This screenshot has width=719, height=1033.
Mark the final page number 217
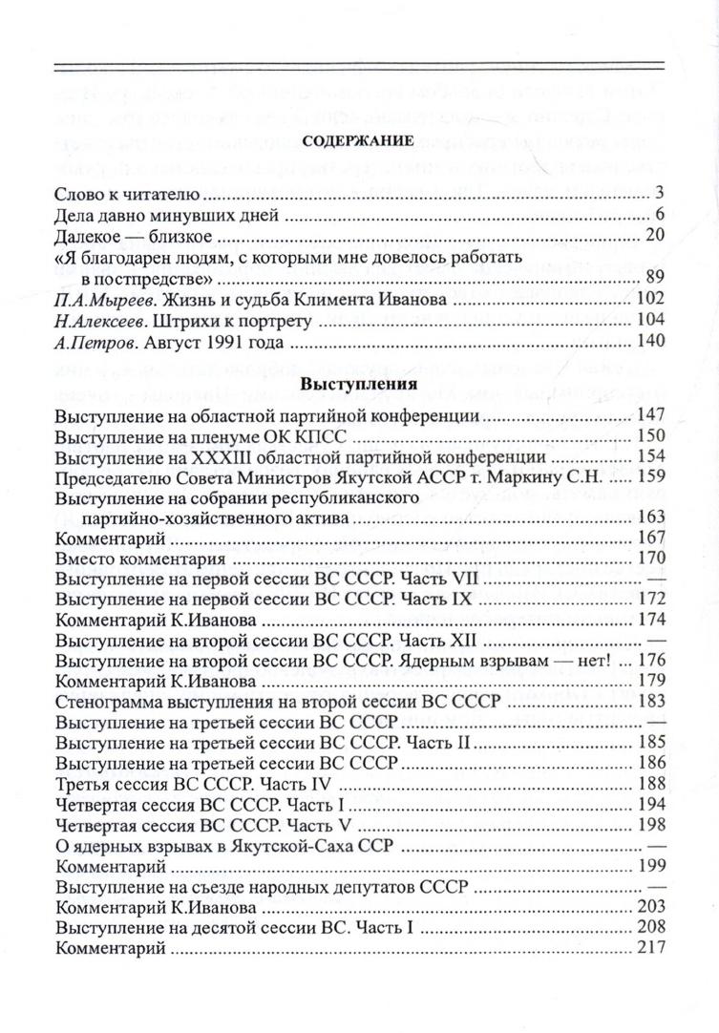pos(648,948)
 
